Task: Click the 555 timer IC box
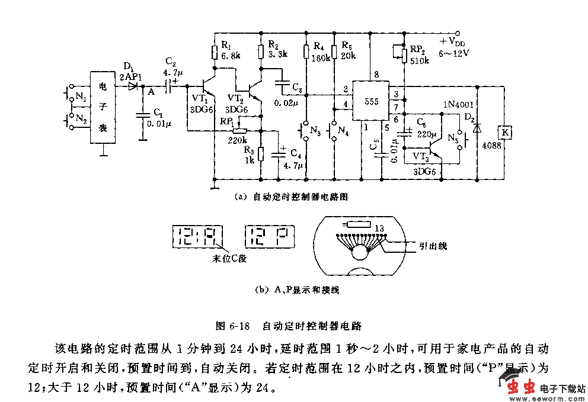[371, 101]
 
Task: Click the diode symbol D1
[132, 86]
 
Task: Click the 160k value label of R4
[321, 57]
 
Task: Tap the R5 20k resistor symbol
[335, 52]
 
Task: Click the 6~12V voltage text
[453, 53]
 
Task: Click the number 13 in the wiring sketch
[380, 228]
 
